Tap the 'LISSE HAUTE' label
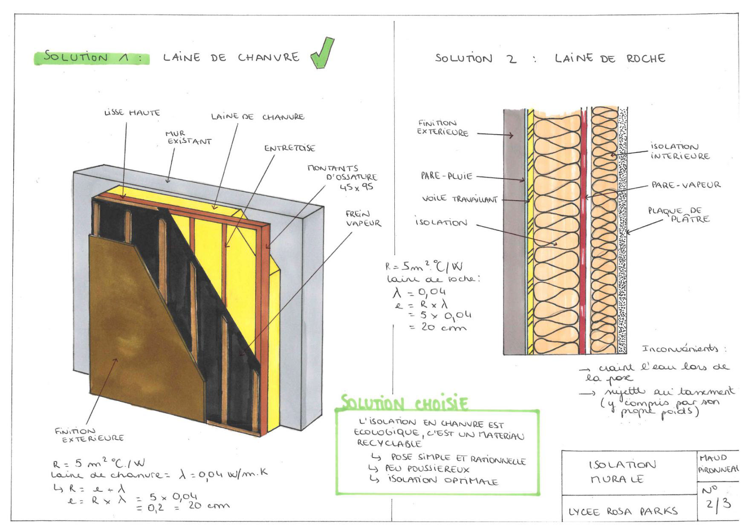[x=132, y=113]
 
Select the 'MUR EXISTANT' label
[x=188, y=138]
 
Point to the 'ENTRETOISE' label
[x=289, y=148]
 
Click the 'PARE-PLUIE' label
[x=446, y=176]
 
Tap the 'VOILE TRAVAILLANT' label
[x=460, y=199]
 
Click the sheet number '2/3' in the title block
[x=718, y=504]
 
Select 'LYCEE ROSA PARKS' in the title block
[x=623, y=511]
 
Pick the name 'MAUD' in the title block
[x=713, y=458]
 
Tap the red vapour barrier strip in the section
[x=583, y=230]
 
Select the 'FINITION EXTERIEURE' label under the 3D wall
[x=89, y=435]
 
